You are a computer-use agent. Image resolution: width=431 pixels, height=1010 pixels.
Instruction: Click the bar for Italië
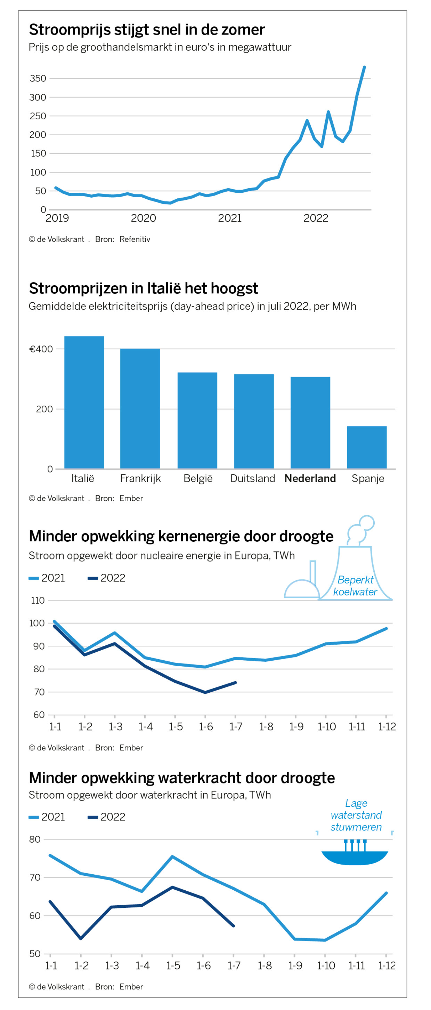[84, 402]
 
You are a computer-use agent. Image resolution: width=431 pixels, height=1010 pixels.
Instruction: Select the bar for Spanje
[366, 447]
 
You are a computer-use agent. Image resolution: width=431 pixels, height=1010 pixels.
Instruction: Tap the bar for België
[197, 420]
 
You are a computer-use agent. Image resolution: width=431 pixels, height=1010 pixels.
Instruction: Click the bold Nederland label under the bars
[310, 478]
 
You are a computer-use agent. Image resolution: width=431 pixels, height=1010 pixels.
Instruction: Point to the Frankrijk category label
[140, 478]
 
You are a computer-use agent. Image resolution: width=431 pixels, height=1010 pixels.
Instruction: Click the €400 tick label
[41, 349]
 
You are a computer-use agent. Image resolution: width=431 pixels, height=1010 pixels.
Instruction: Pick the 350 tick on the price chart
[38, 78]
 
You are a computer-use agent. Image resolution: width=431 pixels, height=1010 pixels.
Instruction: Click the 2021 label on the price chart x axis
[230, 218]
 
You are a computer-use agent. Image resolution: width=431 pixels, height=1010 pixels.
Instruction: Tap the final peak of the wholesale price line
[364, 67]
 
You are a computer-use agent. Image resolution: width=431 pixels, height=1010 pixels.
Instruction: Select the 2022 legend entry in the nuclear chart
[107, 578]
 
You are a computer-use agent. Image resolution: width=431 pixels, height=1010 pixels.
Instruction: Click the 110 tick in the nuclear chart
[38, 600]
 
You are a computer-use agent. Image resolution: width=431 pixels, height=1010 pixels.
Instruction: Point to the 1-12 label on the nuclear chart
[387, 726]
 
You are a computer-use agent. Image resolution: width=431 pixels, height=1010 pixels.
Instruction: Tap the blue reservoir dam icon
[355, 856]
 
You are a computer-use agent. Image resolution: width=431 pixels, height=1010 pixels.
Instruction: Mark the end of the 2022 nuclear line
[235, 683]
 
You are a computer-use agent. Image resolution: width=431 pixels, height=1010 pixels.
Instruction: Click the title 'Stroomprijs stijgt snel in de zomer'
[147, 30]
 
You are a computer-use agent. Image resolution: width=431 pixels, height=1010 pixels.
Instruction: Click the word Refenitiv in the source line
[135, 239]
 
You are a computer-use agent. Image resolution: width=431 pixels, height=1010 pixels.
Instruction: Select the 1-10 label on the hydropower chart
[326, 965]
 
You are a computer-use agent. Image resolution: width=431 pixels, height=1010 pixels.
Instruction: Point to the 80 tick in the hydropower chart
[35, 839]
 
